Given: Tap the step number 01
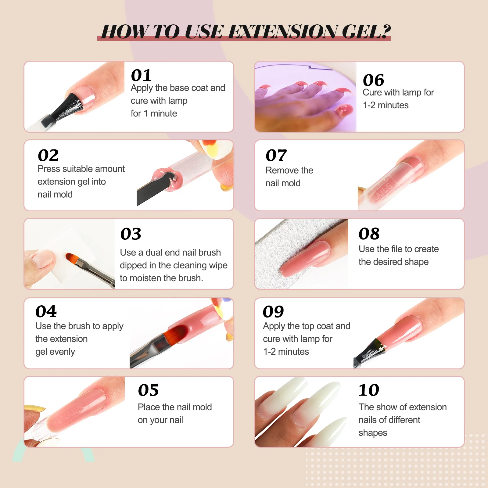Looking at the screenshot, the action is click(141, 75).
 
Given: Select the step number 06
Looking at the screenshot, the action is click(373, 80).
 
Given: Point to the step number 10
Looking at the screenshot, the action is click(369, 390).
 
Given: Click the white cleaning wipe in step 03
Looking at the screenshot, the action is click(76, 256).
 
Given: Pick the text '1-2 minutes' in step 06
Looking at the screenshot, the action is click(386, 105).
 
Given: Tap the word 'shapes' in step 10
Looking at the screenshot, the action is click(373, 433).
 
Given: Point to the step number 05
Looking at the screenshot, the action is click(148, 390).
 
